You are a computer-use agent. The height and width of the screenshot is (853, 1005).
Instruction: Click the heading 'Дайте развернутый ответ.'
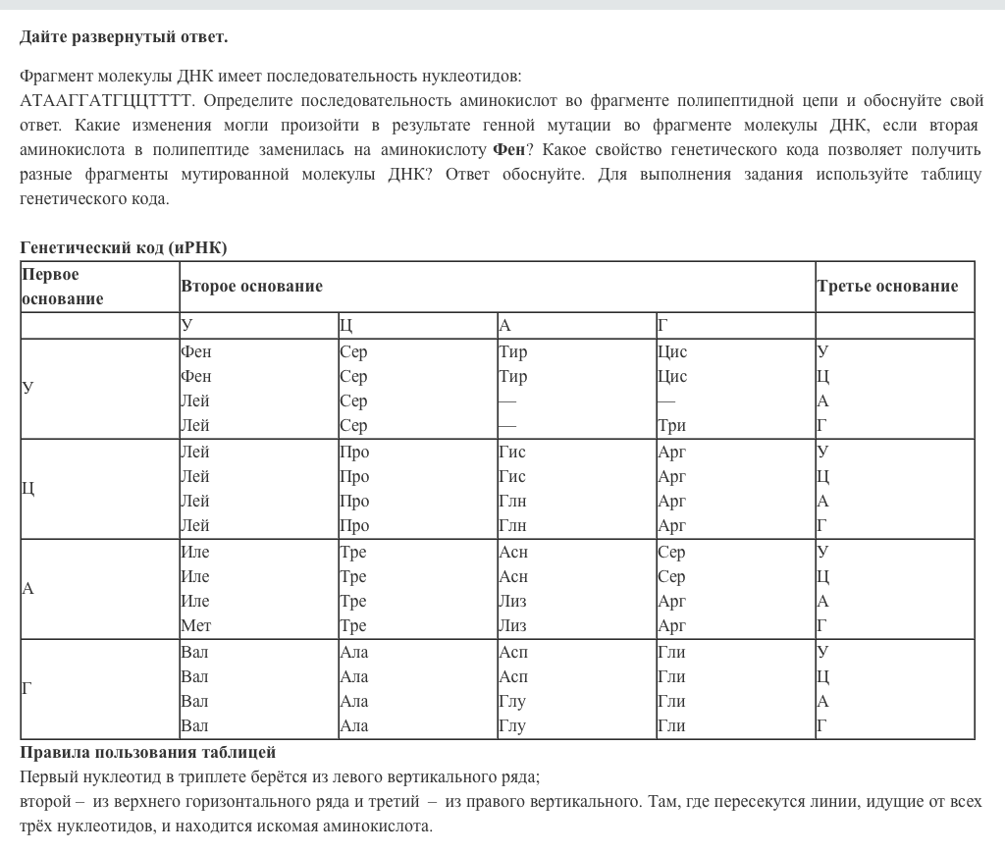(124, 37)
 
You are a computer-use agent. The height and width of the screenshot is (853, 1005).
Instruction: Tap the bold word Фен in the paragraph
(508, 150)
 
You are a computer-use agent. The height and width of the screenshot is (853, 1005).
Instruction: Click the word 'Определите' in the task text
(245, 101)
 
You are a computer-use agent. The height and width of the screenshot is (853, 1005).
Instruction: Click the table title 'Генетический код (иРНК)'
(124, 247)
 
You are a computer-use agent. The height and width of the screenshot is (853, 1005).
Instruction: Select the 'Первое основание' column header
(63, 287)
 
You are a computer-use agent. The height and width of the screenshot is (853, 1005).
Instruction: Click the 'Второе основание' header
(251, 287)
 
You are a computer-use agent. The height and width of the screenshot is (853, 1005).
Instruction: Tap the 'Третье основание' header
(887, 287)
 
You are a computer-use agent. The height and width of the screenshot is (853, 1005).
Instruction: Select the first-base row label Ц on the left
(27, 489)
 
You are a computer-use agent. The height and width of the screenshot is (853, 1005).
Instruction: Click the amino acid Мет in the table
(195, 625)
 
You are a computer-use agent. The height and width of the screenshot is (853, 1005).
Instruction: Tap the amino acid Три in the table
(671, 425)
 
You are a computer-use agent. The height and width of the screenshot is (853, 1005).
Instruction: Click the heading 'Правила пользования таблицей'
(147, 753)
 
